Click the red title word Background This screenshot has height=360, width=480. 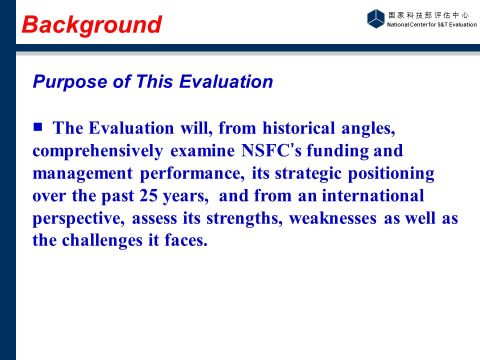(x=92, y=25)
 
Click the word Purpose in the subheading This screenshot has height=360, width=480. (x=70, y=82)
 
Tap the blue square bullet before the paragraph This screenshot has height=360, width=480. (x=37, y=126)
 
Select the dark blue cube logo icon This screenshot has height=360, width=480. (x=375, y=18)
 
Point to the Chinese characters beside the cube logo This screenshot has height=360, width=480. (x=428, y=15)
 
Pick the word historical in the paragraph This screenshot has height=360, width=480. (x=298, y=128)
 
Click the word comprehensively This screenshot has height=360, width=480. (x=98, y=151)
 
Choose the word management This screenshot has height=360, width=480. (x=82, y=174)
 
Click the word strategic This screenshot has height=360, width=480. (x=308, y=173)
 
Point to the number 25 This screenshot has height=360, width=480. (x=148, y=195)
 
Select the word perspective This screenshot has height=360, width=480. (x=78, y=218)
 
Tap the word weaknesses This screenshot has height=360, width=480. (x=333, y=218)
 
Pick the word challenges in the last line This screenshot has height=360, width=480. (x=102, y=240)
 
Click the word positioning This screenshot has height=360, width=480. (x=391, y=173)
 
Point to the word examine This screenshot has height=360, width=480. (x=202, y=151)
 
